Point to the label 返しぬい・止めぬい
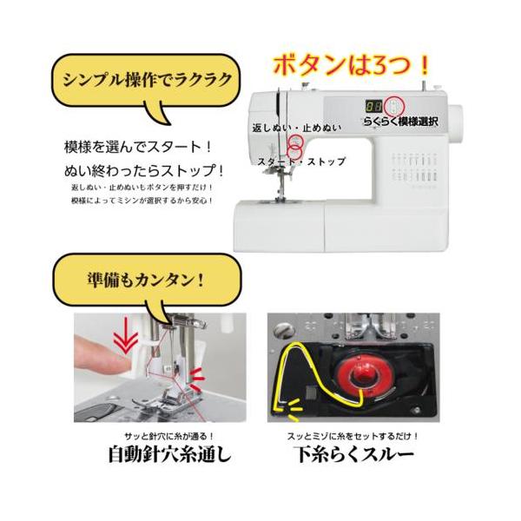pos(296,128)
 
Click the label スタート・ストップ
pos(301,162)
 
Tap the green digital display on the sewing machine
pos(374,104)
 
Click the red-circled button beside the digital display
pos(395,106)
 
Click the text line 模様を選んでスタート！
pos(138,147)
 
